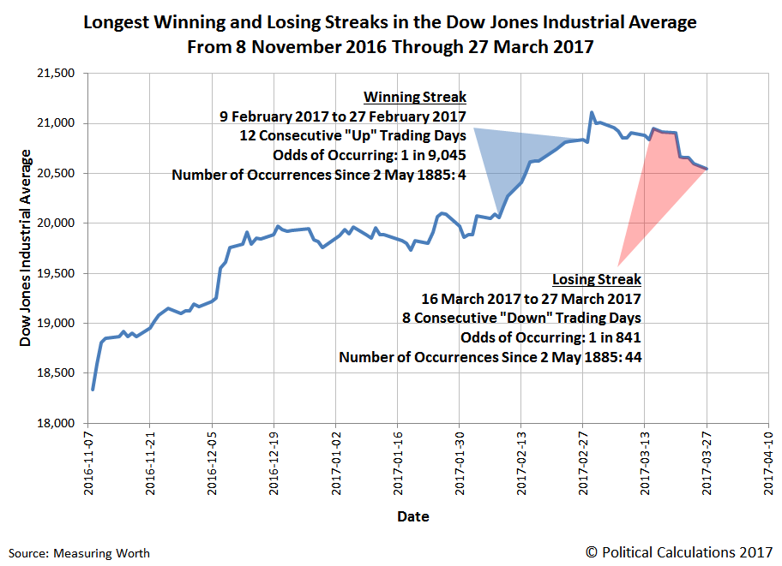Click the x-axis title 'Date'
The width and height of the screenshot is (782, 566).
[412, 516]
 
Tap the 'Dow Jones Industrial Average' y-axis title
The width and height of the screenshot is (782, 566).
[27, 248]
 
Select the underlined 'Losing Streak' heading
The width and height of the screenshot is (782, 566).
[597, 279]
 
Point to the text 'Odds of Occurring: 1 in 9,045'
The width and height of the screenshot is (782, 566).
[370, 155]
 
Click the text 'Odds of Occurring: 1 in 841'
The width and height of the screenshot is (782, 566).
[550, 337]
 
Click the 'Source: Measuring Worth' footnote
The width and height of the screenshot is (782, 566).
[80, 553]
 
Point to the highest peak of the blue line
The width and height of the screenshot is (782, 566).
[592, 112]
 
